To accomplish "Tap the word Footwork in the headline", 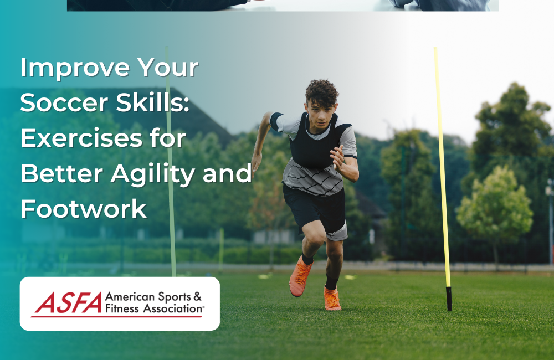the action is coord(84,209).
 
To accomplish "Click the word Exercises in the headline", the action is coord(82,138).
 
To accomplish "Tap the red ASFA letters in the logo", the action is coord(68,302).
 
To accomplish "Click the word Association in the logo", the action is coord(173,309).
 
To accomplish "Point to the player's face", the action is coord(321,116).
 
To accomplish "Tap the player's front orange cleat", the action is coord(332,299).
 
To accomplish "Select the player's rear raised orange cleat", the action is coord(300,277).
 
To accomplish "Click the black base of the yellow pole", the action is coord(449,299).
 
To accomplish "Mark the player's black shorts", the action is coord(315,208).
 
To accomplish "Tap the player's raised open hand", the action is coord(337,157).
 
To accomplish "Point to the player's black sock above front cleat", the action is coord(331,282).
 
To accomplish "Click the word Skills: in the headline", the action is coord(153,102).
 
